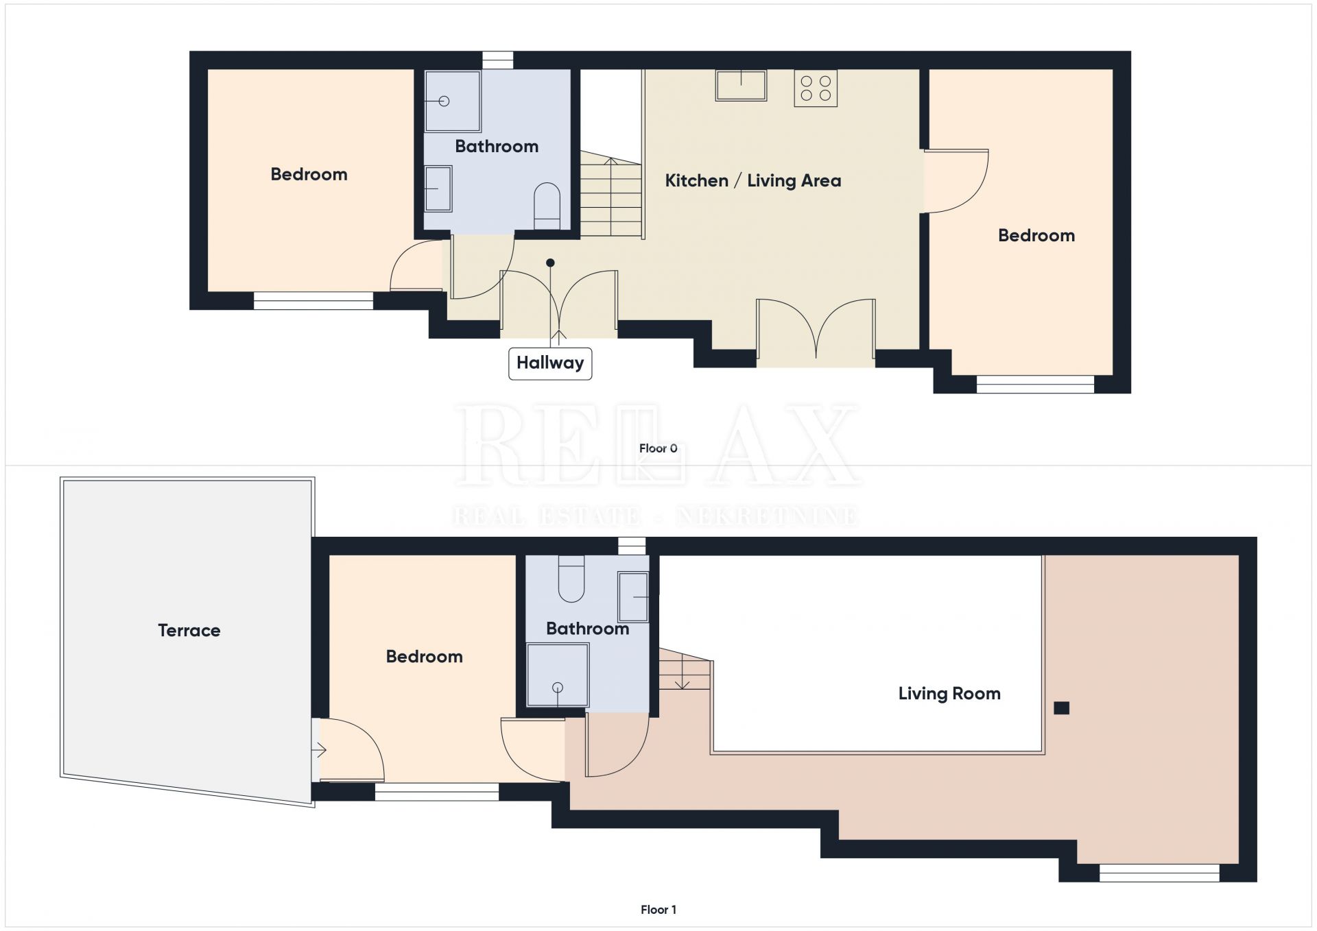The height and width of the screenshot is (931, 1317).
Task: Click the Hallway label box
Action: click(x=550, y=363)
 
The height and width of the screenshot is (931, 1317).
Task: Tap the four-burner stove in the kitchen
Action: click(x=816, y=88)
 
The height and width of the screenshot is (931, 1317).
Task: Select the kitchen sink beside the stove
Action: click(x=741, y=86)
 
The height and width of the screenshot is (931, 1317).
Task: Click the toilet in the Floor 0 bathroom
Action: click(x=547, y=206)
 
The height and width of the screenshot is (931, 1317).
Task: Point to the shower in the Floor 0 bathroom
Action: click(x=453, y=101)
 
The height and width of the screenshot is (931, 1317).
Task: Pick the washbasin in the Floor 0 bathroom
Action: click(x=438, y=189)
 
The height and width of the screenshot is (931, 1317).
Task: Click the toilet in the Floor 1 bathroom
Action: click(x=571, y=579)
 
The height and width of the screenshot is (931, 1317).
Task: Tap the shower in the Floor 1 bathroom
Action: click(x=558, y=675)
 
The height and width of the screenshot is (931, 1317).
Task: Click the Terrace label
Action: click(x=189, y=631)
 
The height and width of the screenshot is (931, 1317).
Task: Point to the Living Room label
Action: click(x=949, y=694)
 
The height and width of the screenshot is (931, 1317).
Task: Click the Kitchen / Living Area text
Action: click(x=753, y=181)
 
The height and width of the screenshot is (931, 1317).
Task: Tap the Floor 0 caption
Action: click(x=658, y=448)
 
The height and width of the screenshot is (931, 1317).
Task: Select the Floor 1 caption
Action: click(x=658, y=910)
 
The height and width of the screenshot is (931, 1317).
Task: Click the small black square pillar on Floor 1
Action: click(x=1061, y=708)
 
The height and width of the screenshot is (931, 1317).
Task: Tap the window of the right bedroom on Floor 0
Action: click(x=1035, y=384)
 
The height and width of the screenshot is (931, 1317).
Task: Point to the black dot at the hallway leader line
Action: click(x=550, y=263)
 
